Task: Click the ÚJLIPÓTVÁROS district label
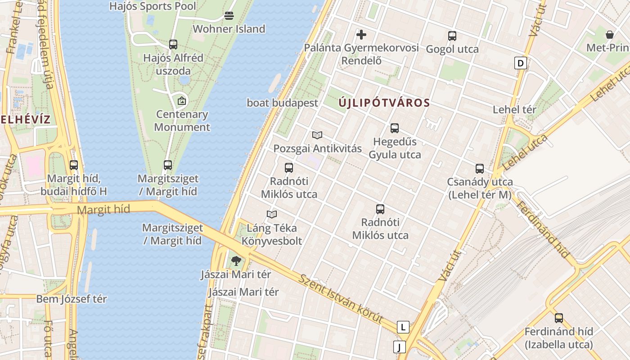click(384, 103)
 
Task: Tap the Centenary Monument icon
click(182, 100)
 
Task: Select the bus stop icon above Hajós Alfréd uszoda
click(173, 44)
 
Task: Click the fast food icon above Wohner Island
click(229, 16)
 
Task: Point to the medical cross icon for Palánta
click(361, 34)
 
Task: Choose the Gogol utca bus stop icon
click(452, 36)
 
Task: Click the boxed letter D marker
click(521, 63)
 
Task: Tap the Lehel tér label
click(514, 109)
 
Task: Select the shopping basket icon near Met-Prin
click(610, 34)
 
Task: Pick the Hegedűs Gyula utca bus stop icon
click(395, 128)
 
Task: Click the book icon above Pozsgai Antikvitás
click(317, 135)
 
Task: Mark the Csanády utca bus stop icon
click(480, 169)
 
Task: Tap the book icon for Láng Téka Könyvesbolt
click(272, 214)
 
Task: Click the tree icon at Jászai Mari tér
click(236, 261)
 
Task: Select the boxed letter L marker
click(403, 327)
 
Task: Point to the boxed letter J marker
click(399, 347)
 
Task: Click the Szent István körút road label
click(342, 299)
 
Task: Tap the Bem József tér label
click(72, 299)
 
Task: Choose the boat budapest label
click(282, 103)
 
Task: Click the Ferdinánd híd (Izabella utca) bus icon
click(559, 318)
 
